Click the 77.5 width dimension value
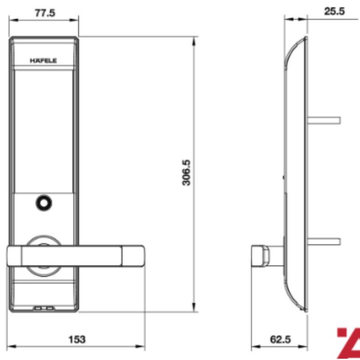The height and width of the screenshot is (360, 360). pos(45,13)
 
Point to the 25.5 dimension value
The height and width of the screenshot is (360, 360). pos(334,11)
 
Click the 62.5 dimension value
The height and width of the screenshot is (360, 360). pos(280,338)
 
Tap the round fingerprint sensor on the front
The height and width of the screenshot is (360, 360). pos(44,203)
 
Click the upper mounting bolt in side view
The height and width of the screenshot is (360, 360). pos(324,120)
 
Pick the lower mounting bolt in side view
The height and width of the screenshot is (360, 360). pos(324,242)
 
